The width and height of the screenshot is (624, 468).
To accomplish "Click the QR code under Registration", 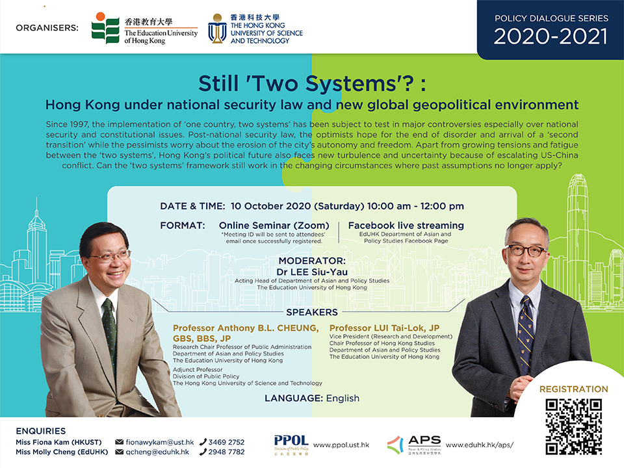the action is coord(573,427).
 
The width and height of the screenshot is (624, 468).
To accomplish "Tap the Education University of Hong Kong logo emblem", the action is coord(105,28).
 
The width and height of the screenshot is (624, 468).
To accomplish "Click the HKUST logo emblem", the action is coord(217,28).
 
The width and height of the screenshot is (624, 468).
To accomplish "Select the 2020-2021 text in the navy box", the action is coord(551,36).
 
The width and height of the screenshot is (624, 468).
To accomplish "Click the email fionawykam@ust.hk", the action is coord(160,442).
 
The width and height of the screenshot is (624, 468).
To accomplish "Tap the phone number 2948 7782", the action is coord(226,452).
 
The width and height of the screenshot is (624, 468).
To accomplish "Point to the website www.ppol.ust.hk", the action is coord(341,445).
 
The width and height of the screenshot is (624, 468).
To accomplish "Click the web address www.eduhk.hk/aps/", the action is coord(480,445).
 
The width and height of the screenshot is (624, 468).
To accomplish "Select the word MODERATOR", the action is coord(311,261).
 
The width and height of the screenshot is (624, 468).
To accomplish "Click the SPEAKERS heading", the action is coord(312,313).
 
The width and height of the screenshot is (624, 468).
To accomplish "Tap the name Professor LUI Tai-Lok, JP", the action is coord(384,328).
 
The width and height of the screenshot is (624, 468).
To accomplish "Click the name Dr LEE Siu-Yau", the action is coord(312,272).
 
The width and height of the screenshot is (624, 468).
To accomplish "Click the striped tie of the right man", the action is coord(526,334).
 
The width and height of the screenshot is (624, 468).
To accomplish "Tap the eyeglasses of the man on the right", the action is coord(526,250).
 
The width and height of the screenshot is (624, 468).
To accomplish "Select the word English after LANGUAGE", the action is coord(343,398).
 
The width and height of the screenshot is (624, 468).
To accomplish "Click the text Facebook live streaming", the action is coord(406,226).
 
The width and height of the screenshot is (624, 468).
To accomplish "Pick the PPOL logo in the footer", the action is coord(291,445).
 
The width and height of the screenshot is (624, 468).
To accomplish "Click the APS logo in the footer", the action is coord(414,445).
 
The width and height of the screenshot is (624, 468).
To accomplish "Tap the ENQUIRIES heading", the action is coord(40,431).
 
